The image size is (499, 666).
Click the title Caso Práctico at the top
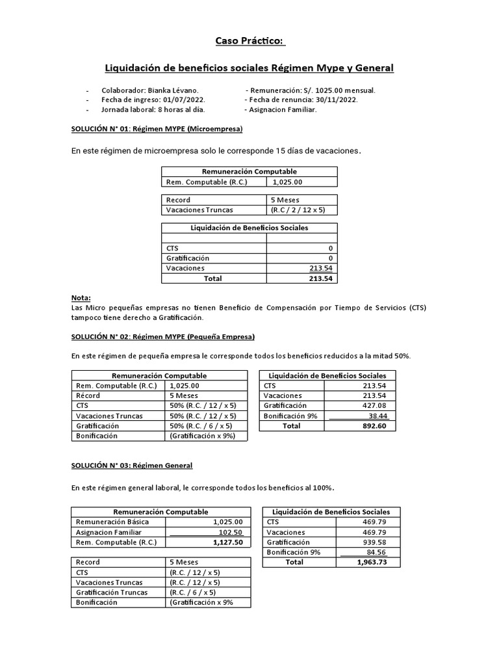[249, 42]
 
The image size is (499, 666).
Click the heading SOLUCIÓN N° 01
[157, 129]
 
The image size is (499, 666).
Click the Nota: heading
[81, 297]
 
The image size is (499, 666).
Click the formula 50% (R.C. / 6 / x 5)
[202, 425]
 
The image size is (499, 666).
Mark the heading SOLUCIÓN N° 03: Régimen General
[131, 466]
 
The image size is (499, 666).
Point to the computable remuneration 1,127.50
[227, 542]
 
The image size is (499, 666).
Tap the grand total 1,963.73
[372, 562]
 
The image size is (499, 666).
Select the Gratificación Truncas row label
[112, 593]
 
